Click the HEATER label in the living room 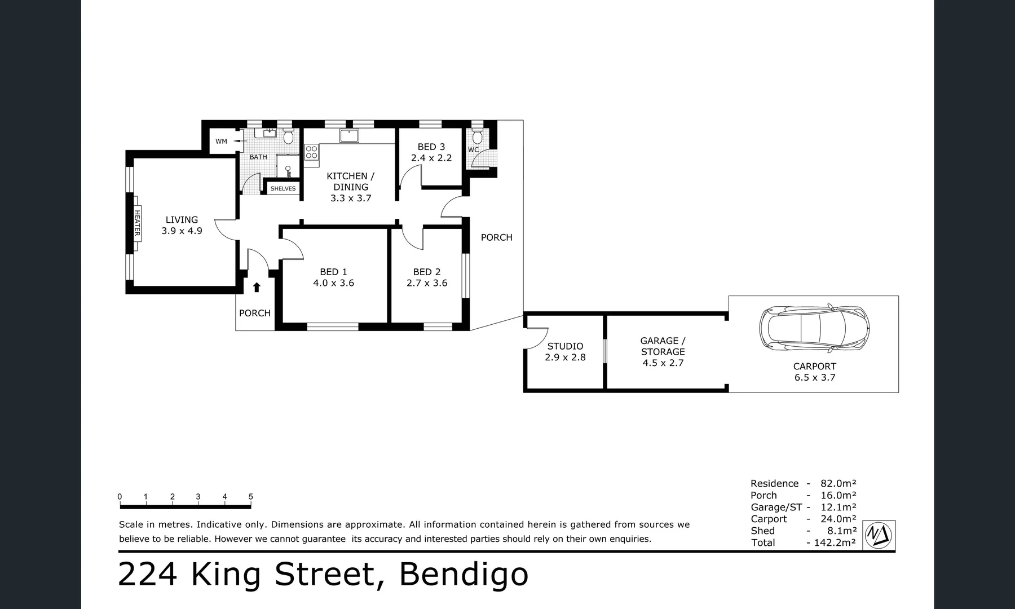click(x=137, y=223)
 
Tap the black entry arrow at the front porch click(x=257, y=288)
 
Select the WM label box click(x=221, y=142)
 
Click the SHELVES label click(x=283, y=188)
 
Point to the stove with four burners click(x=312, y=152)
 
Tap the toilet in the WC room click(x=477, y=137)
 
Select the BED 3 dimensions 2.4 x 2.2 click(x=431, y=158)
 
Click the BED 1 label click(x=333, y=272)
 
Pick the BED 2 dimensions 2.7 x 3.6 click(x=427, y=283)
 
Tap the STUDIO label click(x=565, y=346)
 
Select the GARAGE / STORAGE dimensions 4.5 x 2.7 click(x=663, y=363)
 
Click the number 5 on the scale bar click(x=250, y=497)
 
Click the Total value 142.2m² click(x=834, y=542)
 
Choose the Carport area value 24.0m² click(x=838, y=519)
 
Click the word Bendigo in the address click(x=464, y=574)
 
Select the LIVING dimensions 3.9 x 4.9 click(x=182, y=231)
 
